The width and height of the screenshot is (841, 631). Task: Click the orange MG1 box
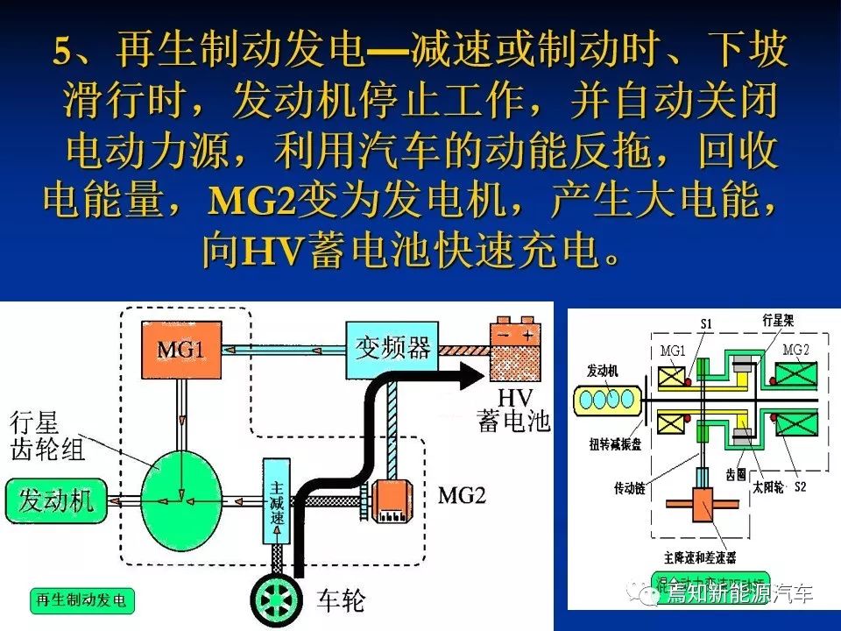[180, 350]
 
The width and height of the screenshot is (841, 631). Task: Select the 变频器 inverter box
[392, 348]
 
